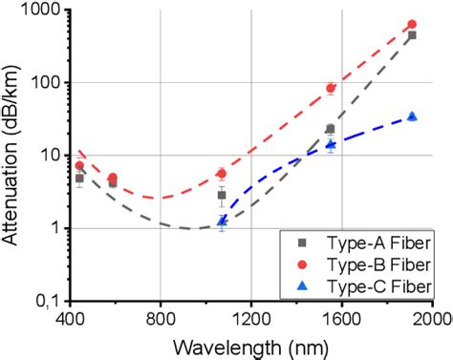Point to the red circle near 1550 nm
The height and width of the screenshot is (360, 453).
pos(332,88)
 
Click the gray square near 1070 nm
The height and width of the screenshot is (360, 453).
pos(222,195)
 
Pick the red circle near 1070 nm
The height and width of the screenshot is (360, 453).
pos(222,174)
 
